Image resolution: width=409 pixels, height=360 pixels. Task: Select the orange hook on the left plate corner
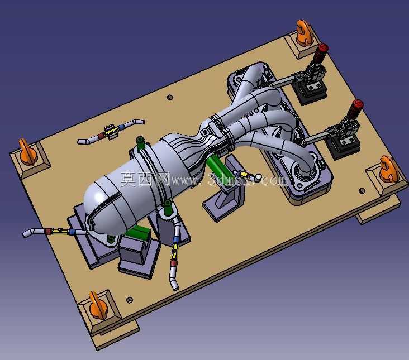coord(26,152)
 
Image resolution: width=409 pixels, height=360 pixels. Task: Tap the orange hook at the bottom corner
coord(97,306)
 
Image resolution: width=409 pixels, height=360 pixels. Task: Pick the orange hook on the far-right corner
coord(389,169)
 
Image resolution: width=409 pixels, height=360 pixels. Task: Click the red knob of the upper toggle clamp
coord(323,48)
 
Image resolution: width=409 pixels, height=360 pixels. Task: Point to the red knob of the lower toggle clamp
coord(358,105)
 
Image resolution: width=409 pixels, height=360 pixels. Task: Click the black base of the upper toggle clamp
coord(310,91)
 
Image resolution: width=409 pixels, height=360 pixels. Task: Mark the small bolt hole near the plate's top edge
coord(170,98)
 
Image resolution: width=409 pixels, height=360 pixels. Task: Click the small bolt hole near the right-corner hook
coord(362,191)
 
